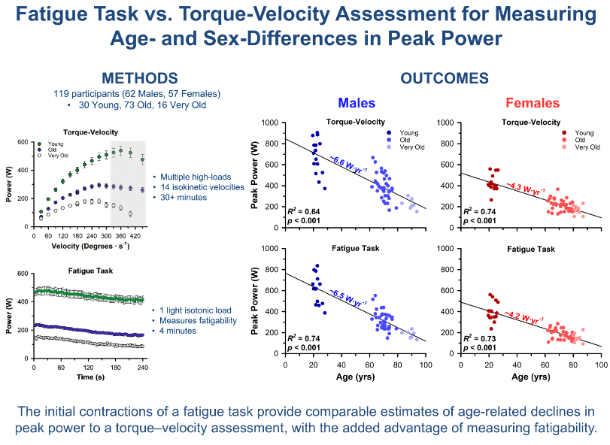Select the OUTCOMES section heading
pyautogui.click(x=444, y=78)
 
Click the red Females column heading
pyautogui.click(x=533, y=103)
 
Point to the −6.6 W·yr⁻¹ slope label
pyautogui.click(x=347, y=164)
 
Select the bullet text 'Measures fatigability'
pyautogui.click(x=194, y=320)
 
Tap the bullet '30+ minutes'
pyautogui.click(x=181, y=197)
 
